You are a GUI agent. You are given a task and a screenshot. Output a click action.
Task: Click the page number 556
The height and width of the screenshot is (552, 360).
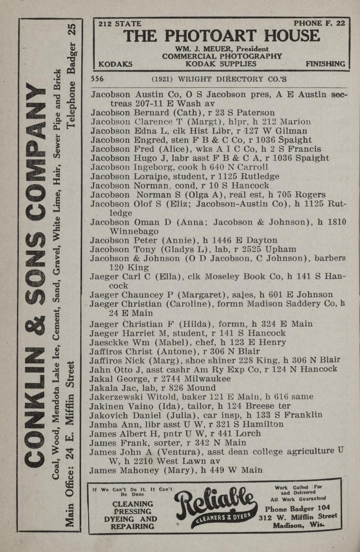tap(98, 79)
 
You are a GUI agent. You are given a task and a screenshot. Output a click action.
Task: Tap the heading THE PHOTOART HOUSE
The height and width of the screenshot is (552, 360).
tap(222, 36)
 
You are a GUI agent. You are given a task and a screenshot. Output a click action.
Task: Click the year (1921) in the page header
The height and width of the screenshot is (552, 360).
tap(162, 79)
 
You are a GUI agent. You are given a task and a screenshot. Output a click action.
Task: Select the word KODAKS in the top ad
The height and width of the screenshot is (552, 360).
tap(115, 64)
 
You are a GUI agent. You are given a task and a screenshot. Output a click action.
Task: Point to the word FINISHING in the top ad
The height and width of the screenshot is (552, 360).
tap(325, 64)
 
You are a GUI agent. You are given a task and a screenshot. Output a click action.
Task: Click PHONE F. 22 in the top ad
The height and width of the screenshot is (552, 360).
tap(319, 24)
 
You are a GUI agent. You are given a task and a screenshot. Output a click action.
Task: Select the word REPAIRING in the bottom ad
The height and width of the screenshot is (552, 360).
tap(132, 526)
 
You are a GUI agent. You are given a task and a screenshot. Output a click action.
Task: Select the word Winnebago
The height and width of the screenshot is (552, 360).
tap(134, 231)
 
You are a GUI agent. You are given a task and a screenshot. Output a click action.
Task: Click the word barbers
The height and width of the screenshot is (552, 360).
tap(330, 258)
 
